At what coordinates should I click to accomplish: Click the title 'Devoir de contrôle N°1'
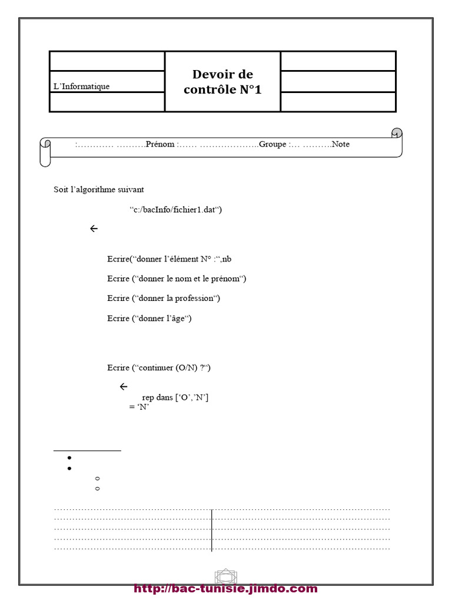[x=222, y=82]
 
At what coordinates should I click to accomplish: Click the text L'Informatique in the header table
[x=81, y=87]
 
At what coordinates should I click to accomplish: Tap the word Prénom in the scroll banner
[x=160, y=144]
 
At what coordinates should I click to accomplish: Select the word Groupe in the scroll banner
[x=272, y=144]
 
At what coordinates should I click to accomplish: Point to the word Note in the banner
[x=340, y=144]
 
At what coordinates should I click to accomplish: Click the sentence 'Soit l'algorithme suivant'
[x=98, y=190]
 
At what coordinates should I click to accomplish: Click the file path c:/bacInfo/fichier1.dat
[x=175, y=210]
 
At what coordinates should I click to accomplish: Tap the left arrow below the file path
[x=94, y=229]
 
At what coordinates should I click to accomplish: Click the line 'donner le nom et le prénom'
[x=177, y=279]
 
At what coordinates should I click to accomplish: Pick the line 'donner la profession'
[x=164, y=299]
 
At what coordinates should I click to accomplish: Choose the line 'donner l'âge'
[x=149, y=319]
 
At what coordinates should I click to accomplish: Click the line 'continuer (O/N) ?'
[x=159, y=368]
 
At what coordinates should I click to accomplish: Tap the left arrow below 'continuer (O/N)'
[x=124, y=387]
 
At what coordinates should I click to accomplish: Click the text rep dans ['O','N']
[x=175, y=398]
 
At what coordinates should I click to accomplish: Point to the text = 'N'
[x=139, y=407]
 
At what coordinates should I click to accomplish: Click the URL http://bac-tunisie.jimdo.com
[x=225, y=589]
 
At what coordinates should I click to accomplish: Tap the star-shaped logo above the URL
[x=225, y=576]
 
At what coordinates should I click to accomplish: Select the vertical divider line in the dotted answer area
[x=211, y=530]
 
